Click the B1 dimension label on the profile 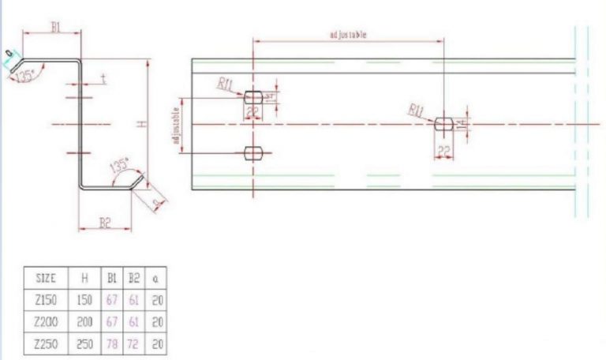click(56, 27)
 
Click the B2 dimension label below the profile click(105, 223)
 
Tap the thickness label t click(104, 80)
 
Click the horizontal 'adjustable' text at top click(348, 36)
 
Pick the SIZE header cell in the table click(47, 279)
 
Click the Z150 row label click(47, 300)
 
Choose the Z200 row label click(47, 322)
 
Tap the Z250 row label click(47, 344)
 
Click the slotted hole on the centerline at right click(443, 123)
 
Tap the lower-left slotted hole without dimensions click(253, 152)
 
